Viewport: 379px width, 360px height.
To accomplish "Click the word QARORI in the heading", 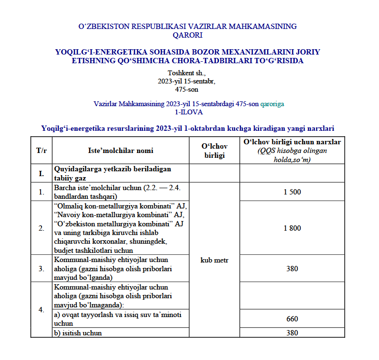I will pyautogui.click(x=187, y=34).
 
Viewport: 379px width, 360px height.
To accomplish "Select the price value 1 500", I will pyautogui.click(x=292, y=192).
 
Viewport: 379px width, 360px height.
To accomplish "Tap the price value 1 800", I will pyautogui.click(x=292, y=228).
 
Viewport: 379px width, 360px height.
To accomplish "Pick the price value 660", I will pyautogui.click(x=292, y=319).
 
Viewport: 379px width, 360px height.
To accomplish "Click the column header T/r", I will pyautogui.click(x=42, y=151).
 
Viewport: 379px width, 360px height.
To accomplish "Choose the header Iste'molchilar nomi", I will pyautogui.click(x=121, y=151).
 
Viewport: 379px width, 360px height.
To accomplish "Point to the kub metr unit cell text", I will pyautogui.click(x=214, y=261).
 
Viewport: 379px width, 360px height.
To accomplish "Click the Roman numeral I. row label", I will pyautogui.click(x=42, y=173).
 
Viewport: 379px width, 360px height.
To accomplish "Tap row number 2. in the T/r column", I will pyautogui.click(x=42, y=228).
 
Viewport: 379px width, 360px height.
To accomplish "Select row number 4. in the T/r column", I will pyautogui.click(x=42, y=310).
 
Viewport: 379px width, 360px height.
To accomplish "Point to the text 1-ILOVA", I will pyautogui.click(x=189, y=112).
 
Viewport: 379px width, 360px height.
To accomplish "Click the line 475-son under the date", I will pyautogui.click(x=187, y=89).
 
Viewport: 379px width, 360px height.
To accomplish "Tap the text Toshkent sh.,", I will pyautogui.click(x=187, y=73).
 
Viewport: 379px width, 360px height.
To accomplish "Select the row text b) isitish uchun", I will pyautogui.click(x=78, y=333).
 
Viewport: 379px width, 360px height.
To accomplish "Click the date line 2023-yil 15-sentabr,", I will pyautogui.click(x=187, y=82).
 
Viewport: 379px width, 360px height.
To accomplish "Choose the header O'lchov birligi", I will pyautogui.click(x=214, y=151).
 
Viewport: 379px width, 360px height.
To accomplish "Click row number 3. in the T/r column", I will pyautogui.click(x=42, y=269).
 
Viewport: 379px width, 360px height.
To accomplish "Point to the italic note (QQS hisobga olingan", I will pyautogui.click(x=292, y=151).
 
